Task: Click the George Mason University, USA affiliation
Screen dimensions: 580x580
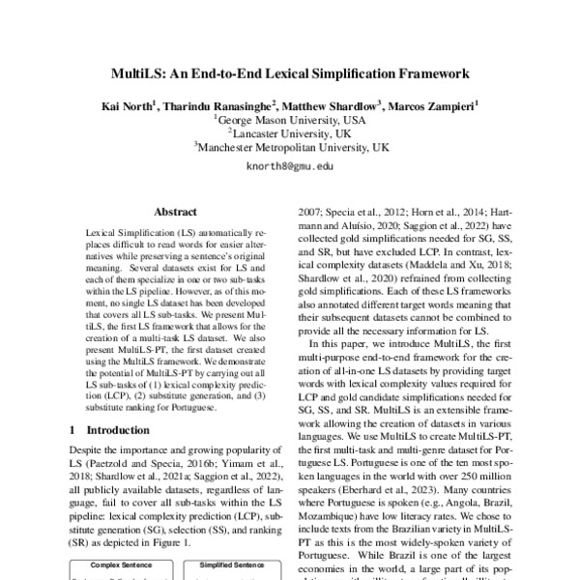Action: coord(290,120)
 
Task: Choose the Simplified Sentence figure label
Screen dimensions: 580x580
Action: coord(232,565)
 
